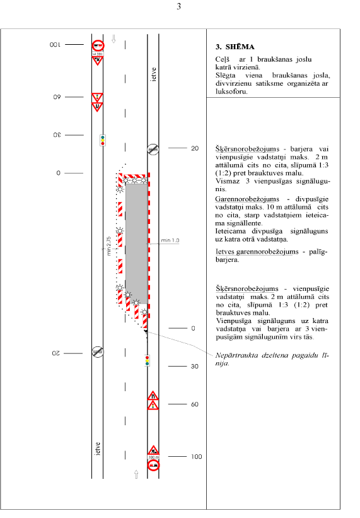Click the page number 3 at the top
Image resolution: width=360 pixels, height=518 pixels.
(x=179, y=6)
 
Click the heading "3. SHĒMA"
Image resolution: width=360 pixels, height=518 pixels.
(x=235, y=47)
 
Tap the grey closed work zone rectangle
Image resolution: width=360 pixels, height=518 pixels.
(x=136, y=244)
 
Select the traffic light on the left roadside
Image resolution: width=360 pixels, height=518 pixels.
(x=103, y=140)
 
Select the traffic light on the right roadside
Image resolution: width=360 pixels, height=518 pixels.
(x=147, y=360)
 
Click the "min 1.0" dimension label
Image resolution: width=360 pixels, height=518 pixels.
(x=170, y=240)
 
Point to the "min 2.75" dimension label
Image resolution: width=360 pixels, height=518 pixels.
(x=108, y=246)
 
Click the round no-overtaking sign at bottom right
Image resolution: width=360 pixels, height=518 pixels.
(x=153, y=465)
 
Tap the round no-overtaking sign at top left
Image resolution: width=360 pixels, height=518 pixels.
(x=98, y=45)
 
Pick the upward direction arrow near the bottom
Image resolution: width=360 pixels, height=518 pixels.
(x=136, y=474)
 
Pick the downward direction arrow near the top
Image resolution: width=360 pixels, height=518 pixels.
(x=113, y=39)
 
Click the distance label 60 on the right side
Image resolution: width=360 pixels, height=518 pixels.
(x=195, y=404)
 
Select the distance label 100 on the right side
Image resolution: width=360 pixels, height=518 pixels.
(x=196, y=457)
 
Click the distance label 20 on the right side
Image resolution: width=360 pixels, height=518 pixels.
(x=195, y=148)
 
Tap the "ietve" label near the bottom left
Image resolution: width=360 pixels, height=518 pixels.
(x=97, y=449)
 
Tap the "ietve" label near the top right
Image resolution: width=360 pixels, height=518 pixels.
(x=153, y=74)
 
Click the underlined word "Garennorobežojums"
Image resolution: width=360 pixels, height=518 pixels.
(x=247, y=199)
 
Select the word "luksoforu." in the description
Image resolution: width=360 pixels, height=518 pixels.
(x=231, y=91)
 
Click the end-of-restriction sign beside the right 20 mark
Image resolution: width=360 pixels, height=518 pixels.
(x=153, y=149)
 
